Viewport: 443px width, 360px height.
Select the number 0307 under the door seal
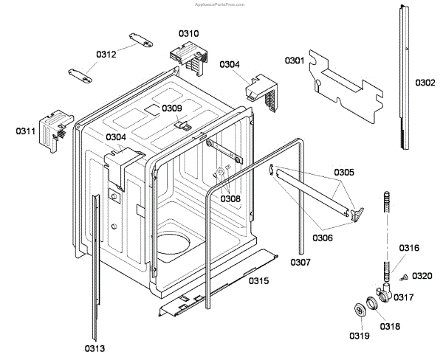coord(301,263)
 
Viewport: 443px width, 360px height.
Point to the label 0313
coord(94,347)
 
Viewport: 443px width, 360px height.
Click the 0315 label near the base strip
coord(258,280)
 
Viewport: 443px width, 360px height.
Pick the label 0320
coord(422,276)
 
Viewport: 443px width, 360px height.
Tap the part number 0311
coord(26,131)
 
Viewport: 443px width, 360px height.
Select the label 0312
coord(106,53)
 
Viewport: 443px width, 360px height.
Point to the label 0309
coord(172,108)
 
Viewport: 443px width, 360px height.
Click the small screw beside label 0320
coord(405,277)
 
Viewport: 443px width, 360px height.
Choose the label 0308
coord(230,198)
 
